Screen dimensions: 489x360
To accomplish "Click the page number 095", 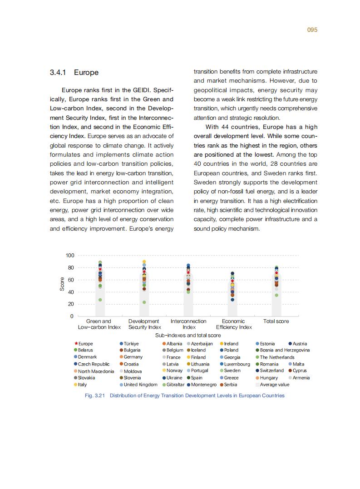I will pos(312,30).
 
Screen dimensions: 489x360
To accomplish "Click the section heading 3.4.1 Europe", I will pos(74,73).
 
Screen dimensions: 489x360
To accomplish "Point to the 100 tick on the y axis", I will pos(69,256).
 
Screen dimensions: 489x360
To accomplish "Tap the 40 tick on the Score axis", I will pos(71,292).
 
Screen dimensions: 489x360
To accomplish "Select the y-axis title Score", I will pos(62,284).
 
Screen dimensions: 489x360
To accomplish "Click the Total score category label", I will pos(276,321).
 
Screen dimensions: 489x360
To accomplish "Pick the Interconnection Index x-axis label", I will pos(188,324).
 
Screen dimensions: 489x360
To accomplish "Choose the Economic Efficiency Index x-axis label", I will pos(233,324).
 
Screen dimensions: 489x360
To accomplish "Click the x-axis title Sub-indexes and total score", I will pos(188,335).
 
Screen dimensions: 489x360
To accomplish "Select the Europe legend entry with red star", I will pos(84,344).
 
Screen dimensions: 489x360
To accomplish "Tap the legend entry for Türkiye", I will pos(131,344).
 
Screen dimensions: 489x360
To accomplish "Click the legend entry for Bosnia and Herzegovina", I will pos(284,350).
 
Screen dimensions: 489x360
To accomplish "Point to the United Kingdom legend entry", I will pos(140,385).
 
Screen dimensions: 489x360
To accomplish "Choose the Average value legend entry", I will pos(274,385).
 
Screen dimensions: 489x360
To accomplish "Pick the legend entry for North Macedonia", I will pos(95,371).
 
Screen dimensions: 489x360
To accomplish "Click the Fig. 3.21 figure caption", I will pos(185,395).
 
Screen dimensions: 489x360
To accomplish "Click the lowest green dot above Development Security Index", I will pos(144,302).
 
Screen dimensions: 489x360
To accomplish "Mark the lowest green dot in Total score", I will pos(276,295).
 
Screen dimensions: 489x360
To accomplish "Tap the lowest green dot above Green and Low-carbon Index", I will pos(100,300).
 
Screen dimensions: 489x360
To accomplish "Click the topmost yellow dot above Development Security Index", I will pos(144,262).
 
